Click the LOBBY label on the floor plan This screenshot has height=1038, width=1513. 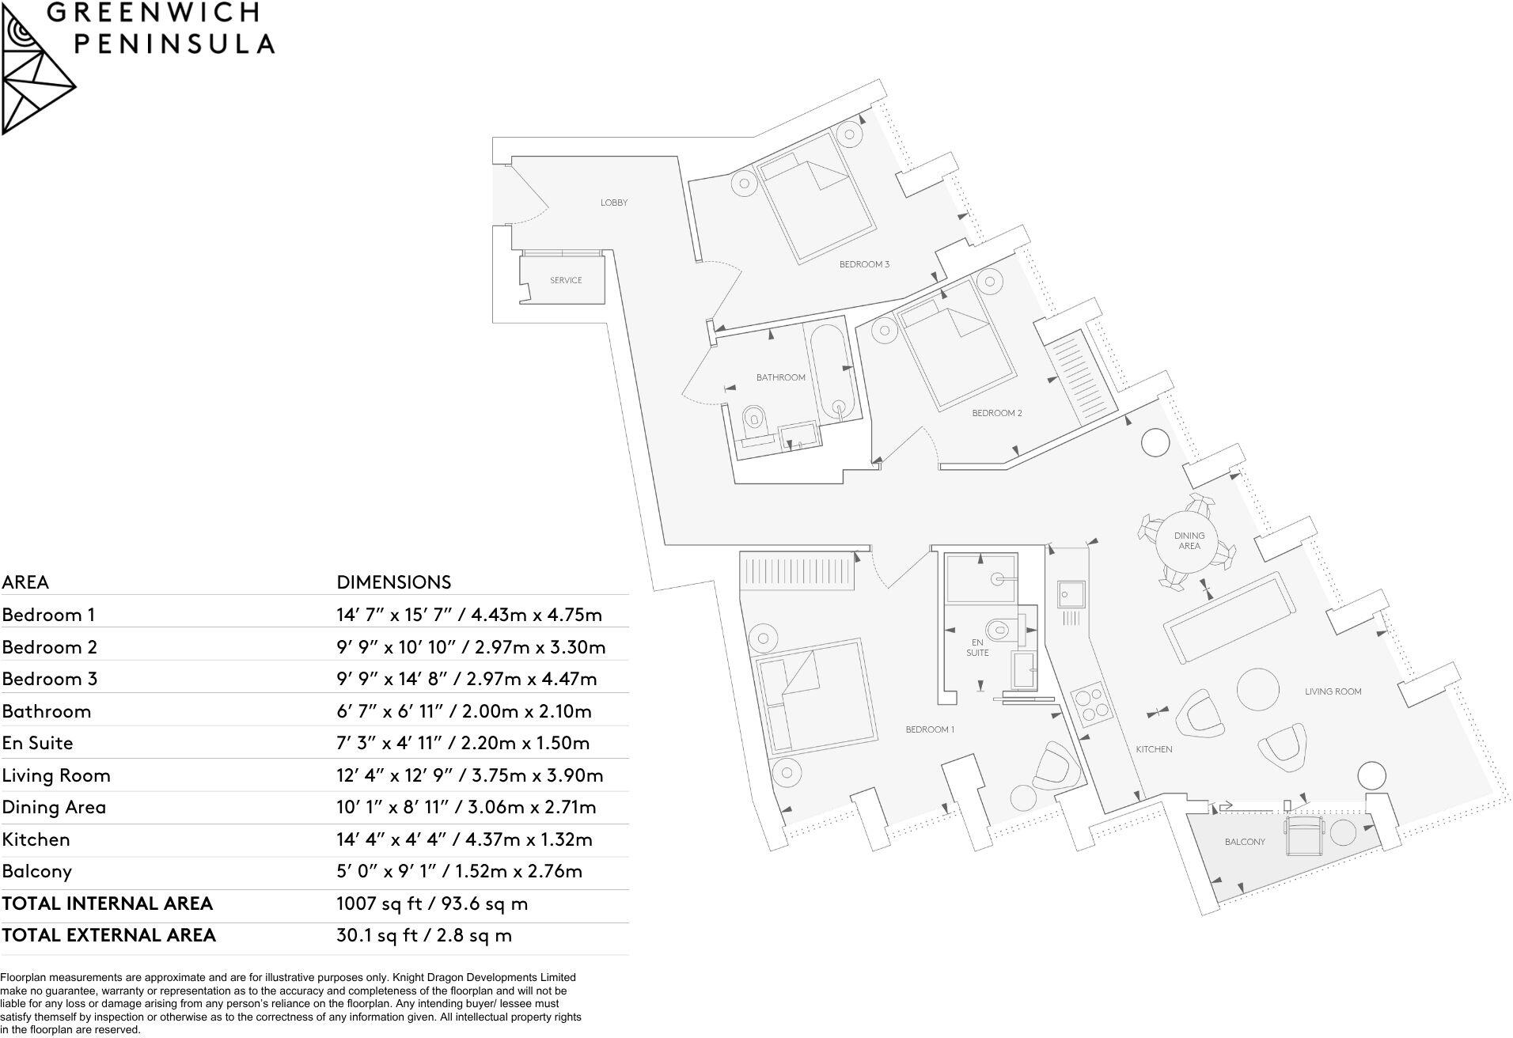pyautogui.click(x=613, y=203)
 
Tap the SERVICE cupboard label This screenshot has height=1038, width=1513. pyautogui.click(x=566, y=280)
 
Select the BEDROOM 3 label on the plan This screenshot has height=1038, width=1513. pyautogui.click(x=864, y=264)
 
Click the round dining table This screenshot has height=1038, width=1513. pyautogui.click(x=1189, y=540)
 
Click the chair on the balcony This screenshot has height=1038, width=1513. pyautogui.click(x=1304, y=836)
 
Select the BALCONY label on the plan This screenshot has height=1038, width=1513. pyautogui.click(x=1245, y=842)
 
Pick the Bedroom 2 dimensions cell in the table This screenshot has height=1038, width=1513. pyautogui.click(x=471, y=647)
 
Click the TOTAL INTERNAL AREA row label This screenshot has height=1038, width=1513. pyautogui.click(x=108, y=904)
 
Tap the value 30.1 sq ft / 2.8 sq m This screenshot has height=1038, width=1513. pyautogui.click(x=424, y=935)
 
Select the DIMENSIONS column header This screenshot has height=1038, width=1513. pyautogui.click(x=393, y=582)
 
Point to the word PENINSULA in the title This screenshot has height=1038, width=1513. pyautogui.click(x=175, y=44)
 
